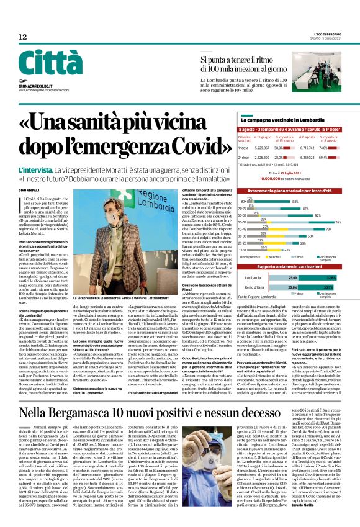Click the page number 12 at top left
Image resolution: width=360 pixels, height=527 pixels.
pyautogui.click(x=22, y=38)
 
